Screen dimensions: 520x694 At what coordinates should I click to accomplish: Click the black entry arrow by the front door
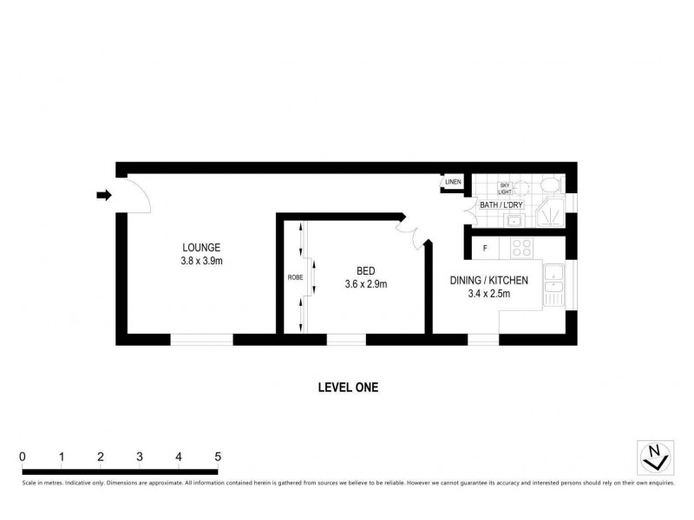(x=104, y=196)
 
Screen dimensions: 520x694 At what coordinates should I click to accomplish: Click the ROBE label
(x=294, y=278)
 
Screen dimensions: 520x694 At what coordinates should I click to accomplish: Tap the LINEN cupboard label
(x=453, y=182)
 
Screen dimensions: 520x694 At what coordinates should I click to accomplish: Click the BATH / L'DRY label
(x=501, y=205)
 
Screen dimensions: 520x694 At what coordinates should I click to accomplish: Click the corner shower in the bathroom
(x=549, y=213)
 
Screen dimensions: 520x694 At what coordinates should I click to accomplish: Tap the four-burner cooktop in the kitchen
(x=522, y=249)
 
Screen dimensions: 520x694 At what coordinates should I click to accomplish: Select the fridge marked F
(x=485, y=249)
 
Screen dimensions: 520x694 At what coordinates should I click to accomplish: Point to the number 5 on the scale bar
(x=218, y=457)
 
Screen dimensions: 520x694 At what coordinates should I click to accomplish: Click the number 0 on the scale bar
(x=23, y=457)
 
